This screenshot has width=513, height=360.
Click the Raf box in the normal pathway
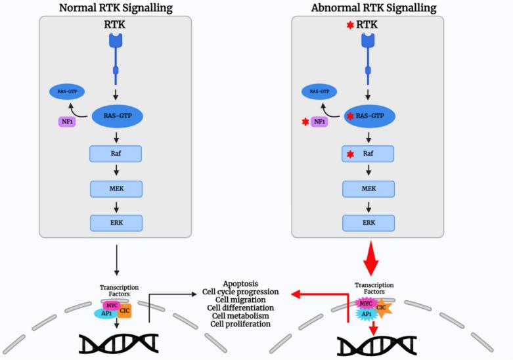(x=116, y=154)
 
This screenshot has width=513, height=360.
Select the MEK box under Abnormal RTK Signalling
(x=368, y=189)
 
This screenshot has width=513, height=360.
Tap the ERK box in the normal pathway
(x=116, y=223)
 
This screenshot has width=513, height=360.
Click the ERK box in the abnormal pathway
(x=368, y=223)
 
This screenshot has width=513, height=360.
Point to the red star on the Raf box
(x=350, y=155)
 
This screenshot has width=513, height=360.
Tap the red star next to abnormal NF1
(x=304, y=122)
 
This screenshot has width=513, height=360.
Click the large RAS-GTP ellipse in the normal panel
(x=116, y=117)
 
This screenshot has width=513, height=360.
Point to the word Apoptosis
(x=242, y=284)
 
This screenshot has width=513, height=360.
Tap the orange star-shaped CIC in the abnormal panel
(x=382, y=307)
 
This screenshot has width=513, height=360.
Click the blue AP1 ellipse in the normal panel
(x=104, y=314)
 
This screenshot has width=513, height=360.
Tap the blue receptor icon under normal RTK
(x=116, y=43)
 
